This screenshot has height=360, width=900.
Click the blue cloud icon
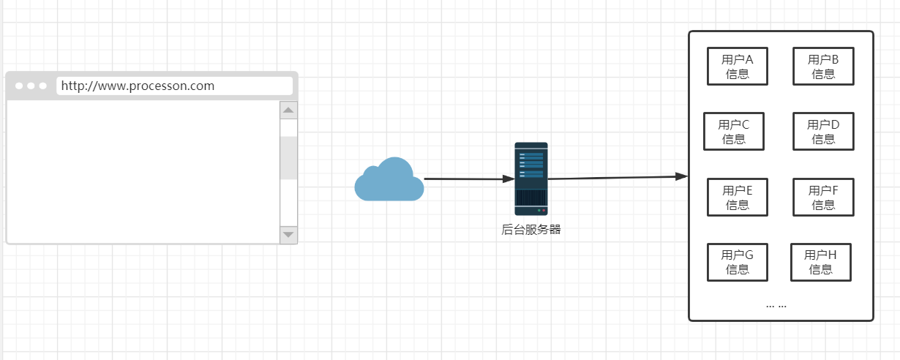tap(389, 180)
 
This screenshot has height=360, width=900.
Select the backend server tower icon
tap(530, 178)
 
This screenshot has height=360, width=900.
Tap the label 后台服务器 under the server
tap(531, 229)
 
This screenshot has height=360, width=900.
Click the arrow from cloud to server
tap(468, 179)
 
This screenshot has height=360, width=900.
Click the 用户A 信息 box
tap(737, 66)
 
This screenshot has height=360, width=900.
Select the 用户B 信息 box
tap(823, 66)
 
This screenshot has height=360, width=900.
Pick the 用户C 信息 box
tap(733, 131)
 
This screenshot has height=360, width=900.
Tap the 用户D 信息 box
tap(823, 131)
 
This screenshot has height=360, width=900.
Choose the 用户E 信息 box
tap(737, 197)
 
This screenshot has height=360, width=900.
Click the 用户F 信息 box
tap(823, 197)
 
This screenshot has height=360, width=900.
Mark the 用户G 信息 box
tap(737, 262)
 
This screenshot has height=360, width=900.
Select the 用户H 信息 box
tap(820, 262)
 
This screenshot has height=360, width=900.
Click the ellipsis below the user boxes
tap(776, 304)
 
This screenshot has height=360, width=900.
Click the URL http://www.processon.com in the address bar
tap(138, 86)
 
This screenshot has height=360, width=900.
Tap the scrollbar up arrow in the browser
tap(288, 110)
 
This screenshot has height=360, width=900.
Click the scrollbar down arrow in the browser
tap(288, 234)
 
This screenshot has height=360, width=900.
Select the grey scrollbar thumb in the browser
tap(288, 157)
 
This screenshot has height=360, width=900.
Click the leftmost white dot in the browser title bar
tap(19, 86)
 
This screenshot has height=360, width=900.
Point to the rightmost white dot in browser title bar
tap(42, 86)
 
